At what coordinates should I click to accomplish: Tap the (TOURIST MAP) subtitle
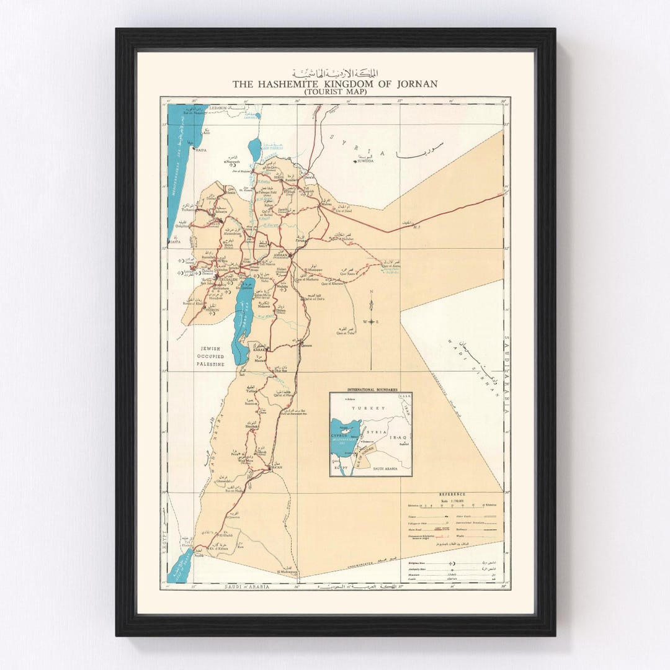(x=335, y=92)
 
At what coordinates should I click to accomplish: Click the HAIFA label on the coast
(x=200, y=150)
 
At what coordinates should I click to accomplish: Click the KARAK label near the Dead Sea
(x=259, y=349)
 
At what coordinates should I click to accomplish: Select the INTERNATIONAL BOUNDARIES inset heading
(x=371, y=390)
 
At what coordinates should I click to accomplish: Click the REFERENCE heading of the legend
(x=452, y=494)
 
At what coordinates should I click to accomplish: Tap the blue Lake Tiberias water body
(x=254, y=149)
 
